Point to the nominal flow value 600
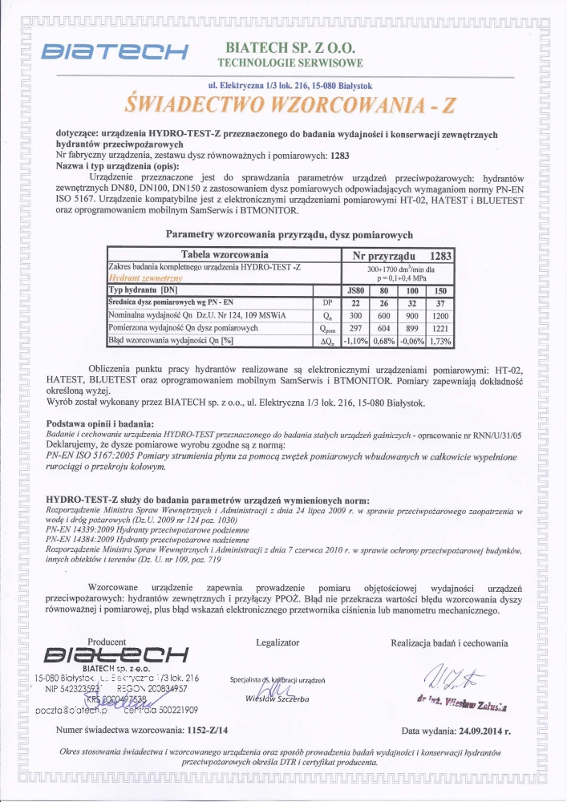pos(383,315)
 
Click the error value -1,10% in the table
pos(354,341)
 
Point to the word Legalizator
pos(277,642)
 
